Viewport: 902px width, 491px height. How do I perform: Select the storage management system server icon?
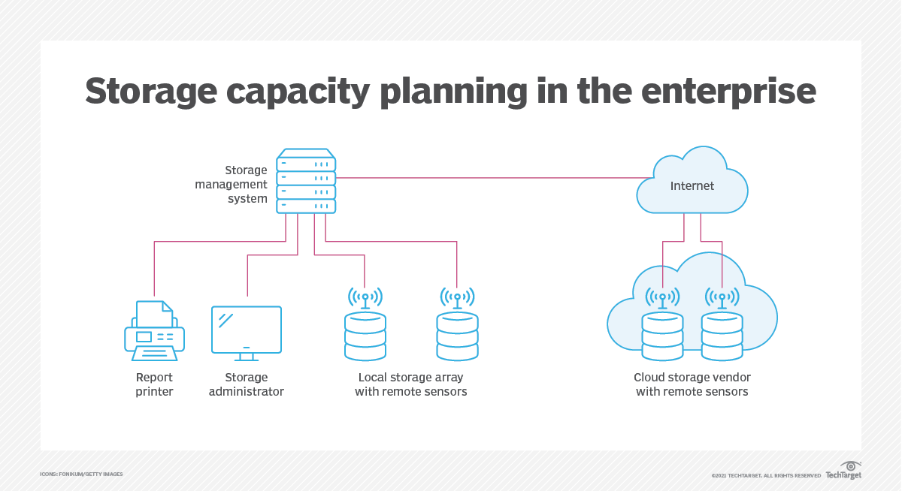click(306, 181)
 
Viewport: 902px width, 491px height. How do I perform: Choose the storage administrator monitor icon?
click(247, 330)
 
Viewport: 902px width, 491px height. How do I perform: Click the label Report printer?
click(154, 384)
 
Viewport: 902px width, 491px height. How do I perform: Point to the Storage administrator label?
click(247, 384)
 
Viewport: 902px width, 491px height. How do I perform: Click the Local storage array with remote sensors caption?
click(411, 384)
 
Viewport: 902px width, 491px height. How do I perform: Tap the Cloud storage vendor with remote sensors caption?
click(692, 384)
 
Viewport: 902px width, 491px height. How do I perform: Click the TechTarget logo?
click(843, 471)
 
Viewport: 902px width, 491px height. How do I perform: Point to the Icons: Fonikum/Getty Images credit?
click(81, 474)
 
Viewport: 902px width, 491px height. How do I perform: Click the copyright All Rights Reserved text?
click(766, 475)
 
